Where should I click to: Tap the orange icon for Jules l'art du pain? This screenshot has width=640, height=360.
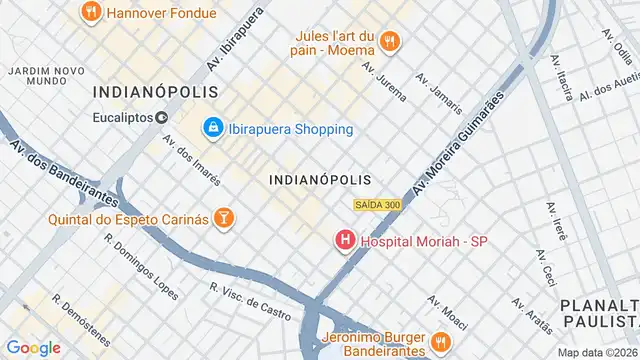click(x=390, y=41)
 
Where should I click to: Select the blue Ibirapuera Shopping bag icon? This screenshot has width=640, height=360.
click(x=212, y=129)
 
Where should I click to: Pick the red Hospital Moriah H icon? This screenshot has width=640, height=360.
click(x=345, y=241)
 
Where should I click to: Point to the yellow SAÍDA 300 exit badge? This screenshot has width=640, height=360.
click(x=378, y=205)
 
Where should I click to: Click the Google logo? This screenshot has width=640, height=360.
click(x=34, y=348)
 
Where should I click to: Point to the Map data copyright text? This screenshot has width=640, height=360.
click(x=597, y=352)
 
